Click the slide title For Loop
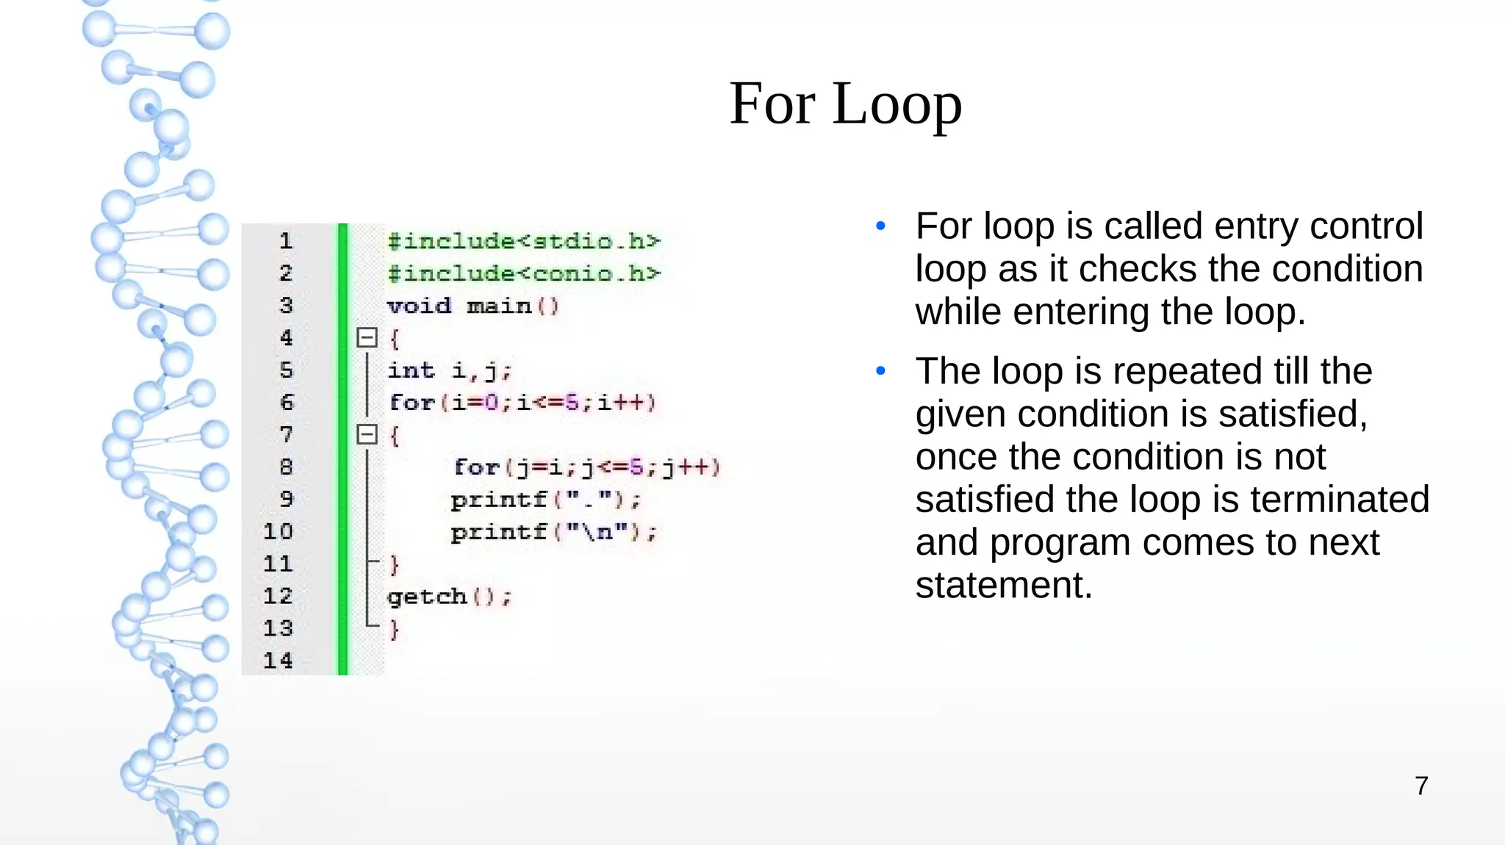(845, 104)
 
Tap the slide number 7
(1421, 785)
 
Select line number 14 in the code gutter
(278, 660)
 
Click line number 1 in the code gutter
(285, 240)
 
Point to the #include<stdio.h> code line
(523, 241)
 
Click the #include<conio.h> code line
(523, 273)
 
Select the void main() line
(473, 306)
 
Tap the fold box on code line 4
(367, 337)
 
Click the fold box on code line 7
(367, 434)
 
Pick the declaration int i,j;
(448, 370)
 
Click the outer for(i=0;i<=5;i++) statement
(522, 403)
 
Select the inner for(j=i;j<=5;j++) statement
(586, 467)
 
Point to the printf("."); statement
(545, 500)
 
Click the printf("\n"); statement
(553, 532)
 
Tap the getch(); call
(448, 597)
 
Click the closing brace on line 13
(395, 629)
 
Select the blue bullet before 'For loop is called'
(880, 226)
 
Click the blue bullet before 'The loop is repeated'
(880, 371)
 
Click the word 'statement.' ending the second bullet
(1004, 585)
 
